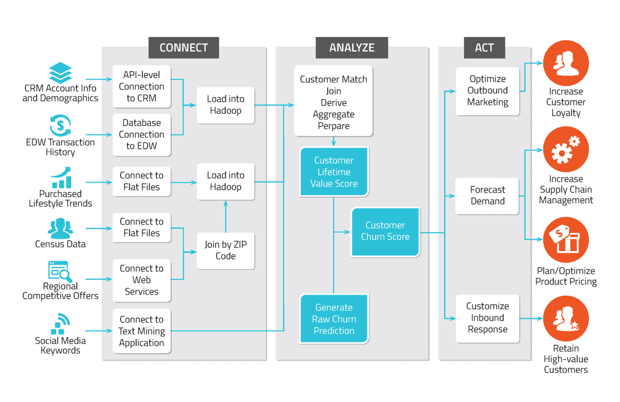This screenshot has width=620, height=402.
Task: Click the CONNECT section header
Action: pos(184,48)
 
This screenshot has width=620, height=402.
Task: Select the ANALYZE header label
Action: pos(351,48)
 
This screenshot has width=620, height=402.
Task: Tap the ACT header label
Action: pos(484,48)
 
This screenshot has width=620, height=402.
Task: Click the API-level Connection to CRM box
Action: pos(141,87)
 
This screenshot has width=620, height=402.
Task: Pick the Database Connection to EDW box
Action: pos(141,135)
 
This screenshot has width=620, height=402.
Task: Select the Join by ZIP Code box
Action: pos(225,250)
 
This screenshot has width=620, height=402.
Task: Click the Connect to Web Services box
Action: pos(141,280)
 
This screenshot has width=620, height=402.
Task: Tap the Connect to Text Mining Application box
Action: pos(141,331)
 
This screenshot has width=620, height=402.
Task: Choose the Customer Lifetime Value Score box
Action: pos(334,172)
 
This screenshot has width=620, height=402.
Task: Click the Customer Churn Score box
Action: pos(385,231)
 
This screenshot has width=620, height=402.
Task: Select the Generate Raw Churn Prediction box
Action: pos(334,319)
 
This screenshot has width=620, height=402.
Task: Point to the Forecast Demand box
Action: pos(487,195)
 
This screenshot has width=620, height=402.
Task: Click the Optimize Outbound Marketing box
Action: pos(487,91)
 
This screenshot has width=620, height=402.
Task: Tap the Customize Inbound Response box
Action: pos(487,318)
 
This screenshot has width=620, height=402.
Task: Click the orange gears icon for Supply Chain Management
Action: pos(565,149)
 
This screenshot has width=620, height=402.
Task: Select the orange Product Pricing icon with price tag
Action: pos(565,239)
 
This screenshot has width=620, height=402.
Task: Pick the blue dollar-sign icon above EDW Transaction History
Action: pos(60,125)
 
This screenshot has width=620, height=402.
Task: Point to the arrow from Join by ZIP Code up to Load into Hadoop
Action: pos(226,217)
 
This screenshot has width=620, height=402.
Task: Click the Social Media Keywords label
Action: pos(60,346)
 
